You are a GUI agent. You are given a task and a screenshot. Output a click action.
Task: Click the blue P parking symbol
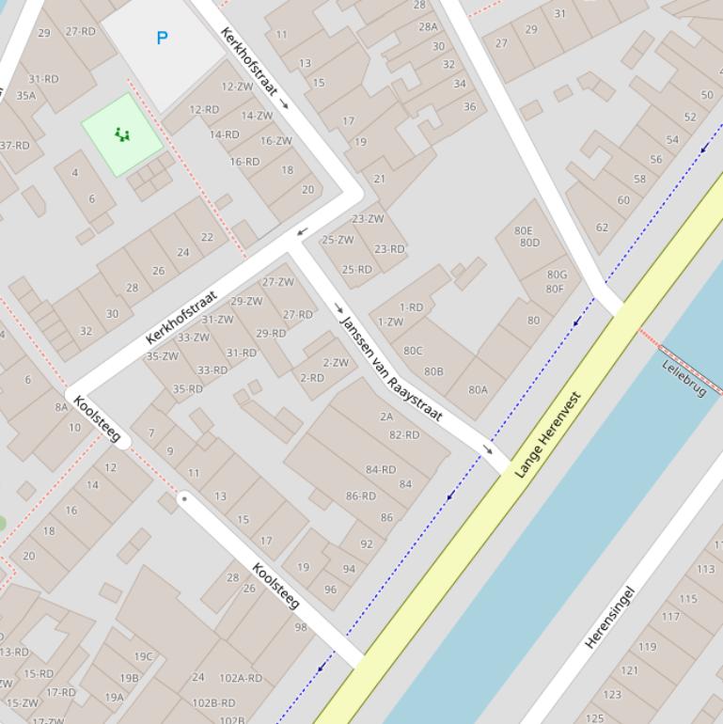tap(162, 38)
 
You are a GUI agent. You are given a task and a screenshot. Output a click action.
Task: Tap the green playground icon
tap(122, 134)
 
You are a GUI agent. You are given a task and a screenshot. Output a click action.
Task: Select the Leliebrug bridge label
tap(684, 377)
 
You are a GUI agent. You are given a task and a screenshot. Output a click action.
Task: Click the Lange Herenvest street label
tap(548, 434)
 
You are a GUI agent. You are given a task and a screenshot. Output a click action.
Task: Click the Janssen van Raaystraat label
tap(390, 369)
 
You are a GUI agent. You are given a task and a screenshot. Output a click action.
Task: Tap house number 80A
tap(478, 389)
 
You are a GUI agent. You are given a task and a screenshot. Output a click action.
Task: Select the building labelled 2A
tap(386, 417)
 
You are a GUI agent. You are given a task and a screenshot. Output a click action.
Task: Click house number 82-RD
tap(404, 434)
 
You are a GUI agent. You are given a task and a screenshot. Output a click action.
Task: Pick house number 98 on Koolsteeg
tap(301, 627)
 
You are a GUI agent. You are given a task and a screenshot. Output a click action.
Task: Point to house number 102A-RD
tap(241, 677)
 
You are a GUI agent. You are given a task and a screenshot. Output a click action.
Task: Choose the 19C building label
tap(143, 656)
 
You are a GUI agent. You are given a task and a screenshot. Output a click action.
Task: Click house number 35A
tap(25, 95)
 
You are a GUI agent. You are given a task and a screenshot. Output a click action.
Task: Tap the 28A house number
tap(428, 27)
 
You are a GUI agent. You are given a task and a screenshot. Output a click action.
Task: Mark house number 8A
tap(62, 407)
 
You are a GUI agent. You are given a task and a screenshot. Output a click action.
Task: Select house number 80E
tap(524, 230)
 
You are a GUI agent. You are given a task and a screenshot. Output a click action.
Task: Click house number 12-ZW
tap(237, 87)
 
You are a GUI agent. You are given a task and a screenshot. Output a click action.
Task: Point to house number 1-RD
tap(412, 307)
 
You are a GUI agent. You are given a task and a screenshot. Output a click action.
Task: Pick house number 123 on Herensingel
tap(612, 695)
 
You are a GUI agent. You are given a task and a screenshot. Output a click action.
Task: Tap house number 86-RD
tap(360, 496)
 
